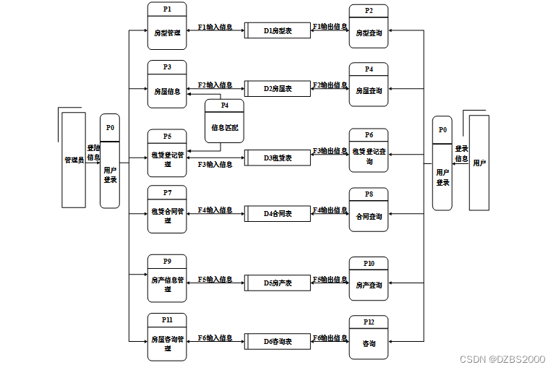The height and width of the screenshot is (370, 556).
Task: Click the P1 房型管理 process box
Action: [167, 26]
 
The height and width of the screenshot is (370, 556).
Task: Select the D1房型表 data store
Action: [277, 30]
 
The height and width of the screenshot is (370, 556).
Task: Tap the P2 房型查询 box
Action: [369, 27]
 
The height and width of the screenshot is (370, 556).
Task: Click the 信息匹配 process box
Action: [224, 121]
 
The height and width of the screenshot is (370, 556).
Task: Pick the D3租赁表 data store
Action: [277, 158]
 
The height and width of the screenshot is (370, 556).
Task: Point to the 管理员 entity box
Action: [74, 159]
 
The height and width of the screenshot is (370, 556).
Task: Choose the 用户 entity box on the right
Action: [479, 163]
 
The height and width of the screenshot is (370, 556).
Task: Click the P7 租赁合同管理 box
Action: [167, 210]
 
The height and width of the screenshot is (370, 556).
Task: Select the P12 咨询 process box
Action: [369, 338]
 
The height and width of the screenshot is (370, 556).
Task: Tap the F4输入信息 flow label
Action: [215, 210]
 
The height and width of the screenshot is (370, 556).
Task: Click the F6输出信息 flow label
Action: [330, 337]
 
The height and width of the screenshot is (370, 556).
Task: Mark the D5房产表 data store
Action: [277, 283]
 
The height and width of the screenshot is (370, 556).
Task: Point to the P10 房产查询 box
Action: [369, 279]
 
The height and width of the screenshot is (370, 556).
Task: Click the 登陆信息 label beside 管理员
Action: [93, 152]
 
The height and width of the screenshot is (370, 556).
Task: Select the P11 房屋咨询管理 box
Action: [167, 337]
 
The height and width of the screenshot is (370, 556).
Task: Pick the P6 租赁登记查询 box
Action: [369, 150]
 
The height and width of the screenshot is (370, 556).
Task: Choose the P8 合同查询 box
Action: [369, 210]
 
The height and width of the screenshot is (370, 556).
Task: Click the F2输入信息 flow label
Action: [215, 85]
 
